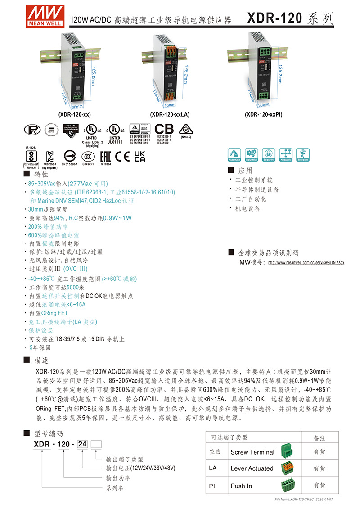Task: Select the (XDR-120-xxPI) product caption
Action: point(264,114)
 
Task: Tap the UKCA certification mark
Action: point(140,156)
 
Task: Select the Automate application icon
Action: point(234,154)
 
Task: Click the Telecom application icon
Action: point(302,154)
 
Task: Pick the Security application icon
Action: point(269,154)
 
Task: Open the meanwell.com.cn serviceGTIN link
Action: point(306,262)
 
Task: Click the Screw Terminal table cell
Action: point(252,452)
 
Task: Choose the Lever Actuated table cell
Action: point(252,468)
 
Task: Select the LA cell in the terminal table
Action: point(213,468)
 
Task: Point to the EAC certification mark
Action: point(104,156)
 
